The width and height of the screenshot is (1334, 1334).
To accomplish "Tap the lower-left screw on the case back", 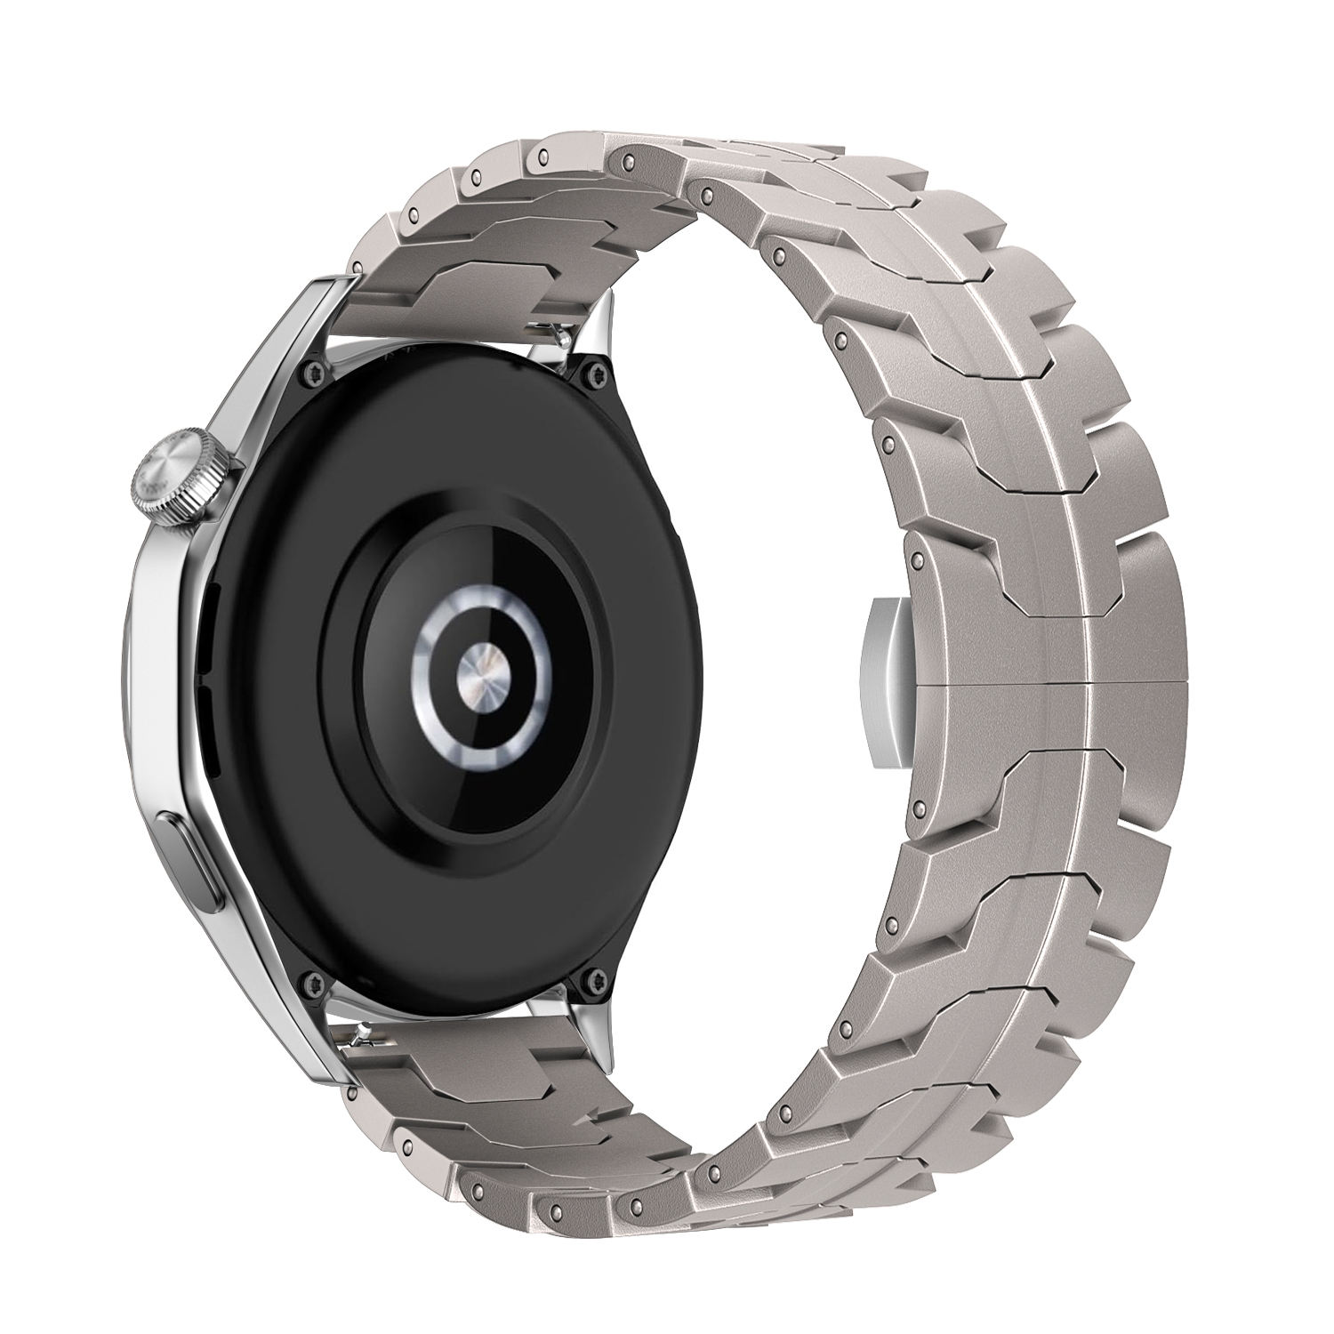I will [317, 982].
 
